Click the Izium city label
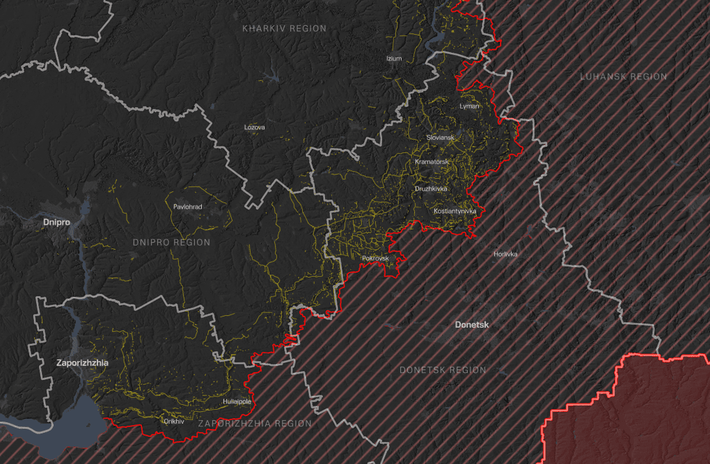pos(394,58)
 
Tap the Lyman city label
pos(470,106)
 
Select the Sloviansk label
pos(440,138)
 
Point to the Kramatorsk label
pos(432,162)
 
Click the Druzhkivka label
pos(432,189)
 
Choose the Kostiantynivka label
pos(455,211)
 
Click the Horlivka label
pos(505,254)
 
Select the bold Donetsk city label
pos(472,325)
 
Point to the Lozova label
pos(255,127)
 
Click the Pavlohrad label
pos(187,207)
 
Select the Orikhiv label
pos(173,421)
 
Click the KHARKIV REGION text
pos(284,29)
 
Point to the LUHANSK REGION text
pos(623,77)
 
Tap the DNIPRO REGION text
pos(171,242)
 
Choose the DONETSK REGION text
pos(443,370)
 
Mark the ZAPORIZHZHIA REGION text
pos(254,424)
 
